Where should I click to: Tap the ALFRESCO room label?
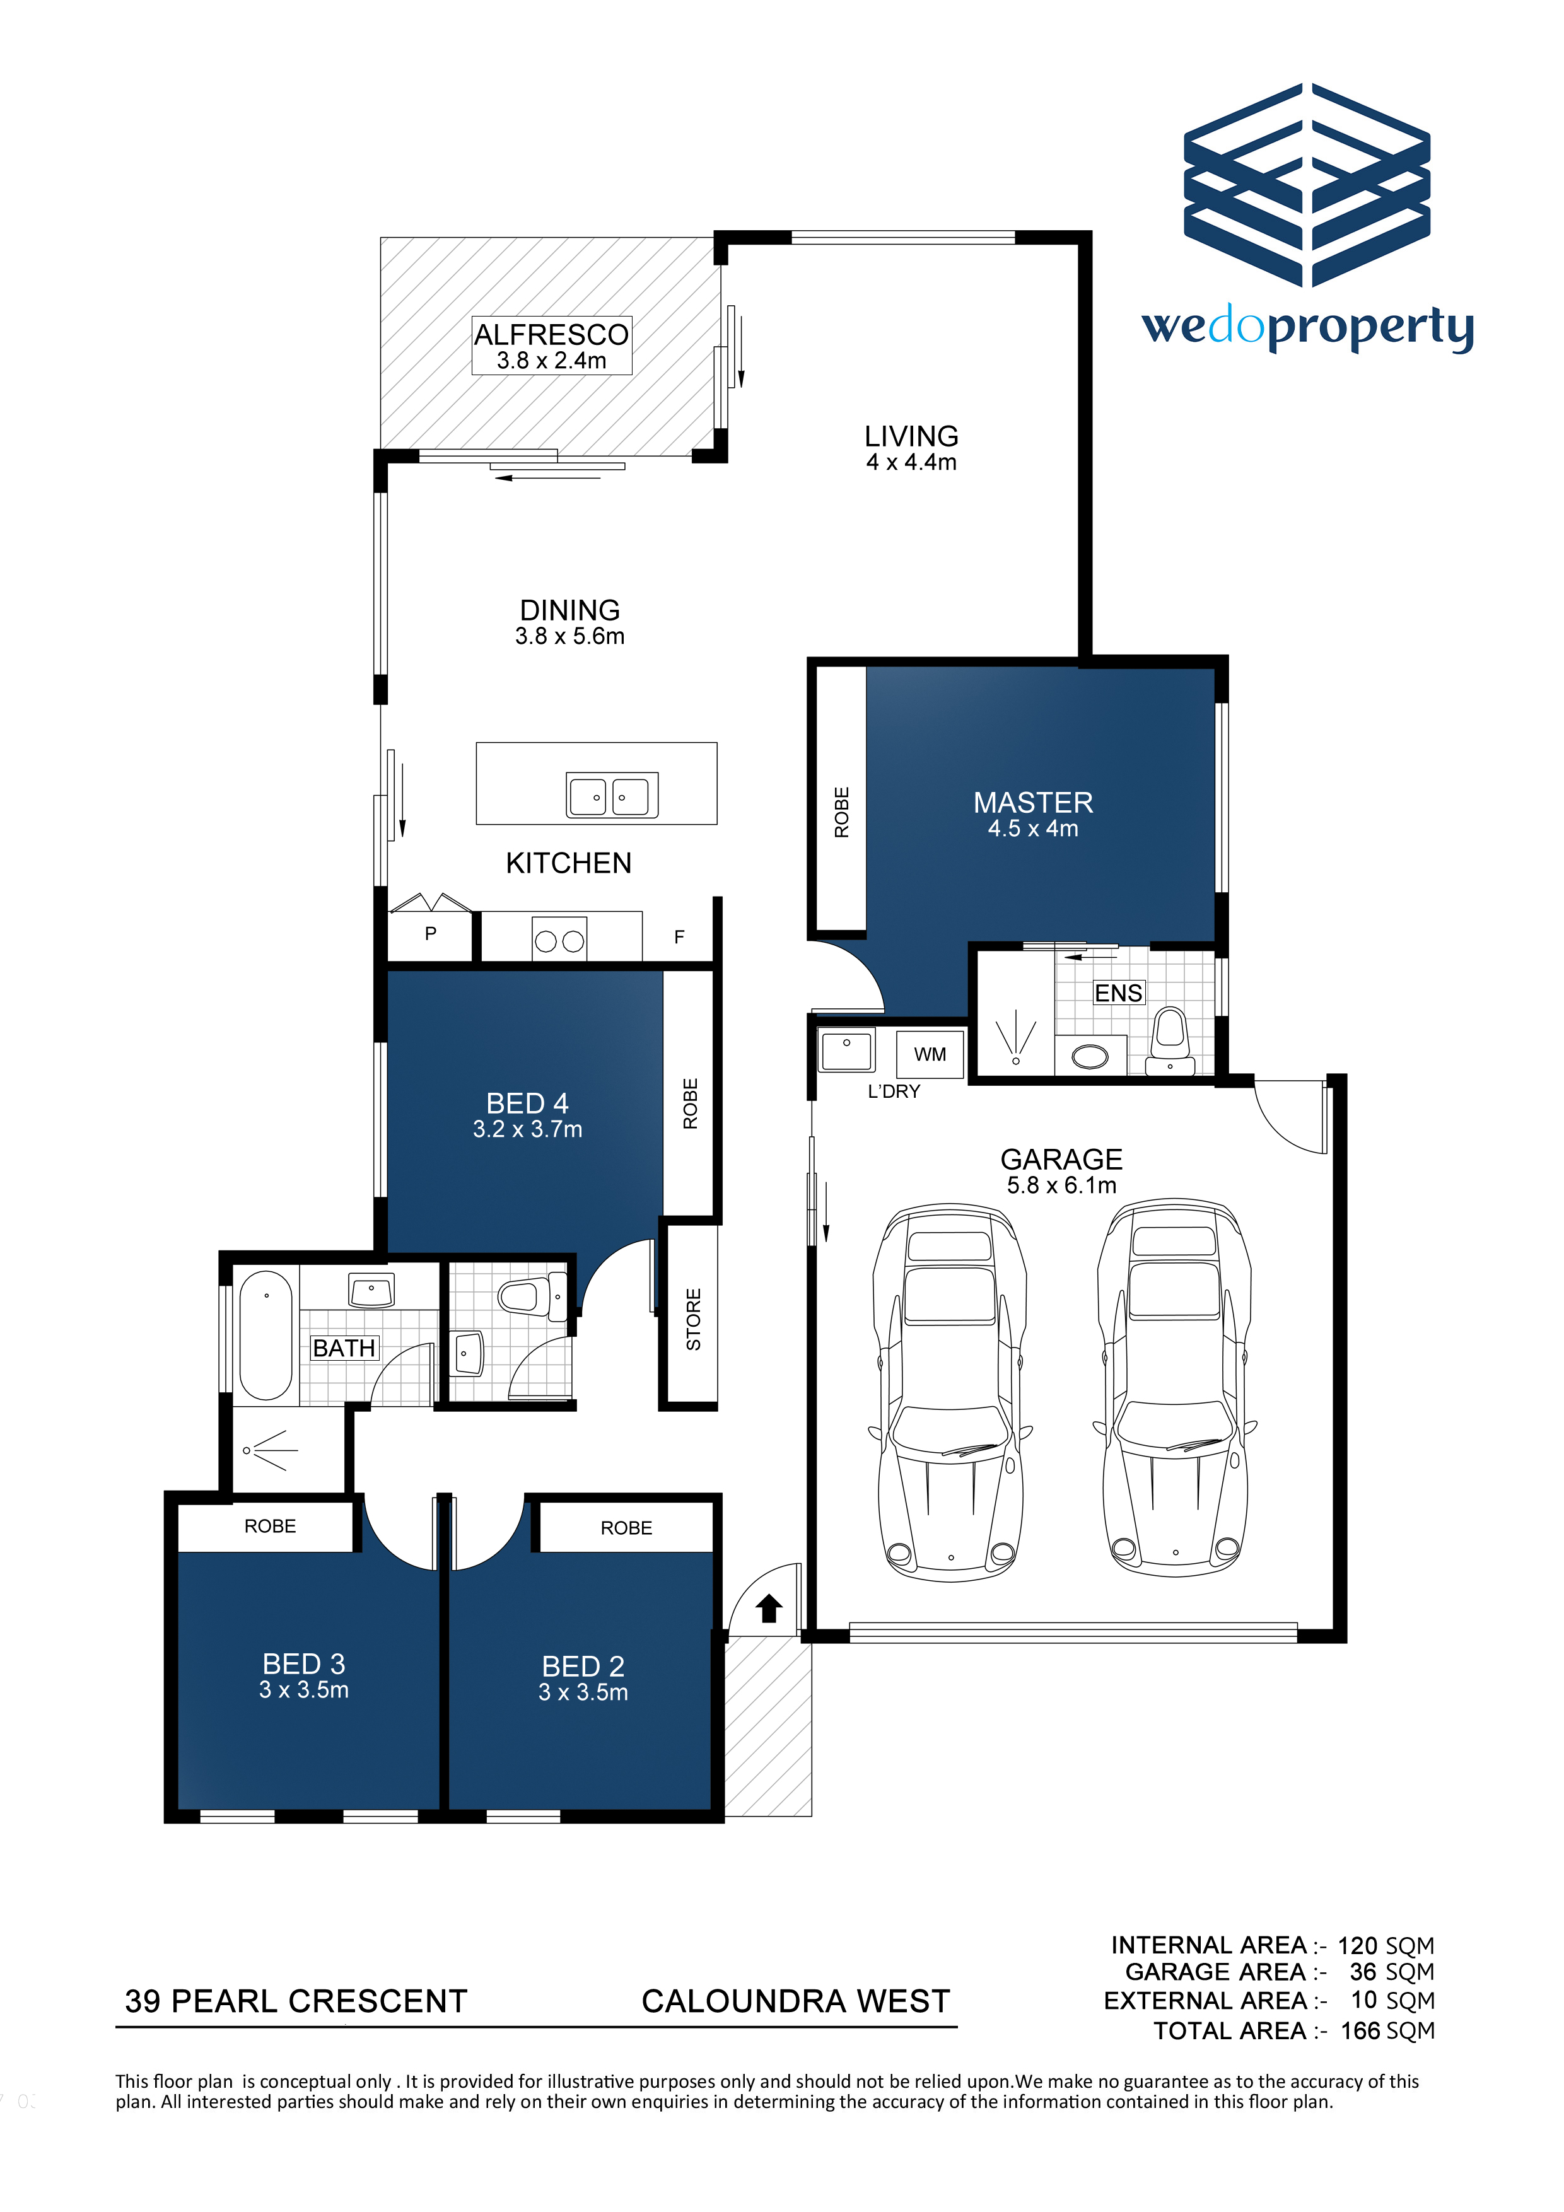(x=551, y=334)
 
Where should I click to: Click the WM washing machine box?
(x=930, y=1054)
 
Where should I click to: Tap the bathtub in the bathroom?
(x=266, y=1336)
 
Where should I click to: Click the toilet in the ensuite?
(x=1170, y=1040)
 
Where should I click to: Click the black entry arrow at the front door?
(x=768, y=1608)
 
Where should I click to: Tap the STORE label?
(x=693, y=1319)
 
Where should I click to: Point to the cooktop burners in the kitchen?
(x=559, y=940)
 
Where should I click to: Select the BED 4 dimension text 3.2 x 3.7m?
(x=527, y=1129)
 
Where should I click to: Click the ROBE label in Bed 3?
(x=270, y=1526)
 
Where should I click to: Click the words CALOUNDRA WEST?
(x=796, y=2001)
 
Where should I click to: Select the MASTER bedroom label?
(x=1033, y=803)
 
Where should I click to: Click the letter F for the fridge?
(x=679, y=936)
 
